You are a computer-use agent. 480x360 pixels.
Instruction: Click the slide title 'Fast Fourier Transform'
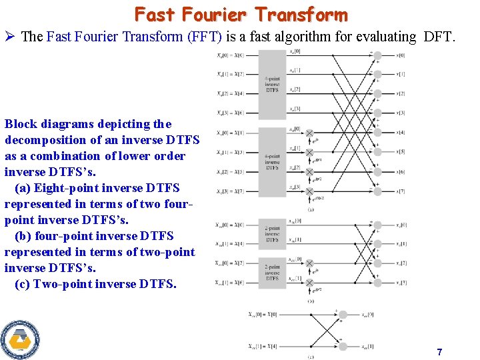241,15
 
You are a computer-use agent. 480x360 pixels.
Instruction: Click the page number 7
439,352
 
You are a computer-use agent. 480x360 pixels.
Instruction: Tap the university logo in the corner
20,339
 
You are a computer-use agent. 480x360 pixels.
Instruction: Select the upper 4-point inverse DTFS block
272,84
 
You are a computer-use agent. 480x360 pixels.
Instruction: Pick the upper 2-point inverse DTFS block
272,233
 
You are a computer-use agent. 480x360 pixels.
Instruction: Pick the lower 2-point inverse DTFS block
272,272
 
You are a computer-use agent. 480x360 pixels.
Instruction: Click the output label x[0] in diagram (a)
400,55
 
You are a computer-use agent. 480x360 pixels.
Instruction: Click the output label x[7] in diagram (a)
400,191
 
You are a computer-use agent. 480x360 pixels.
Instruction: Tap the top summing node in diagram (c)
342,314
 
